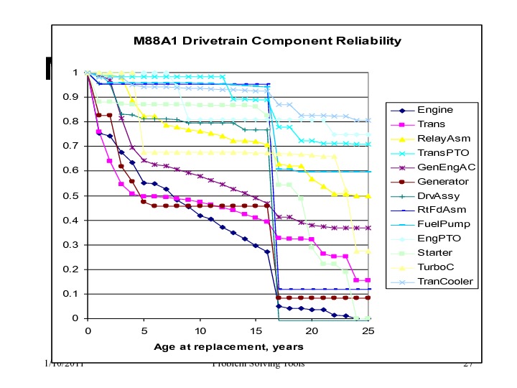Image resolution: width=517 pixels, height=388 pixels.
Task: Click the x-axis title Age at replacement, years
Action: click(228, 346)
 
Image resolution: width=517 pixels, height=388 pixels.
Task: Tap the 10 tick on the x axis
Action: click(200, 331)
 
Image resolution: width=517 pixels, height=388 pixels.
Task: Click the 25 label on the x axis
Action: click(368, 331)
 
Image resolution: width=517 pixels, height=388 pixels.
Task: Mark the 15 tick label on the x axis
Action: click(256, 331)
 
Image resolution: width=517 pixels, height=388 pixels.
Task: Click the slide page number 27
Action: click(467, 365)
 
